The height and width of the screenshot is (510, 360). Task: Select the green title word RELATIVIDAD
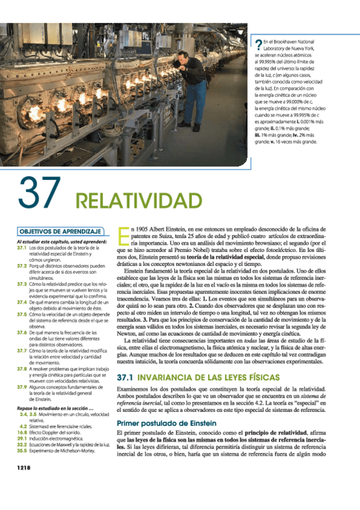(138, 200)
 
